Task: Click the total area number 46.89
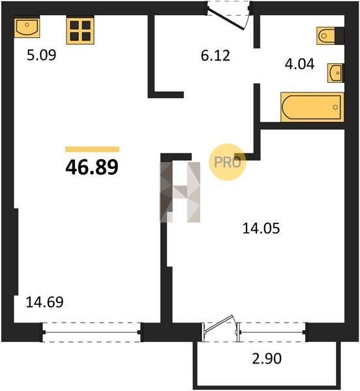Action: [x=92, y=167]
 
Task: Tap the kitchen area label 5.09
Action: [x=42, y=55]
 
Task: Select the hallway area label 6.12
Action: [x=215, y=55]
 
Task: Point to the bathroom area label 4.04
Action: [x=299, y=64]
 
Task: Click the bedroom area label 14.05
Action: [x=261, y=229]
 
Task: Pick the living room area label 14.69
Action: [x=44, y=302]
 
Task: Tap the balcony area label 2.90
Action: [x=267, y=358]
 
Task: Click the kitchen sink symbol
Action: [x=27, y=27]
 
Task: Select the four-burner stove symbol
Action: [x=80, y=31]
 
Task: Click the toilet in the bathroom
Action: [x=330, y=36]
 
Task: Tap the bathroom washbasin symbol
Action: [x=335, y=73]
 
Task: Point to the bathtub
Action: [x=312, y=108]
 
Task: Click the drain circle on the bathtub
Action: [x=335, y=108]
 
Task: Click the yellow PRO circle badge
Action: [x=227, y=162]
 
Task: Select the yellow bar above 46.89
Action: [x=93, y=149]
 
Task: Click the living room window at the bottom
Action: [x=91, y=332]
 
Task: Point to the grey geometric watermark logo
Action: [x=180, y=192]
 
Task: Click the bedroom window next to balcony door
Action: [x=273, y=332]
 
